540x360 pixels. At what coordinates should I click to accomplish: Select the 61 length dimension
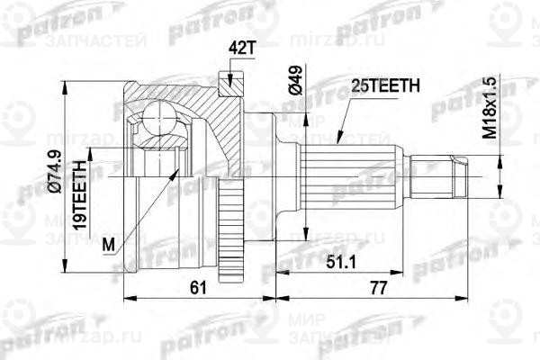pos(199,287)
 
